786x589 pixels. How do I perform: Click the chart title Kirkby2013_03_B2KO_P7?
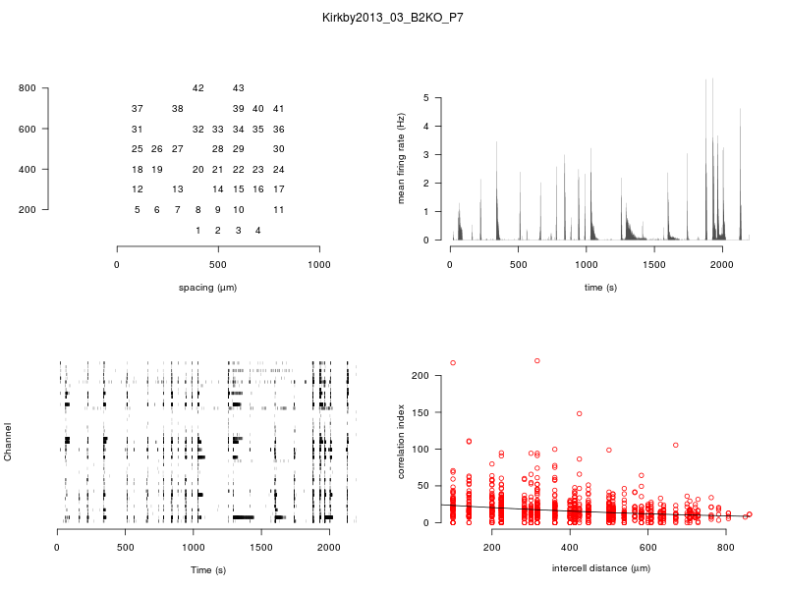(393, 18)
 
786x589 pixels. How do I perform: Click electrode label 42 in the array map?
(198, 88)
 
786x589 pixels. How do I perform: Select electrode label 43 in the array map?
(239, 88)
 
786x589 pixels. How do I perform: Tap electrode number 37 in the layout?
(138, 108)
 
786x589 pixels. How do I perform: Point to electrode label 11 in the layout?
(279, 209)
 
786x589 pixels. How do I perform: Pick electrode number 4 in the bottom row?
(258, 230)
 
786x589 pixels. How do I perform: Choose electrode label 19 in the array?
(157, 169)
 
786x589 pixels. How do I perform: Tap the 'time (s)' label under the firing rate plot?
(600, 287)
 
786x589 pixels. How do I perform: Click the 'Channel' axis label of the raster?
(9, 443)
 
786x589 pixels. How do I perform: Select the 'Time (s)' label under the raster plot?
(207, 569)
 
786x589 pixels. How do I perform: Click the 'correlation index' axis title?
(401, 443)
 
